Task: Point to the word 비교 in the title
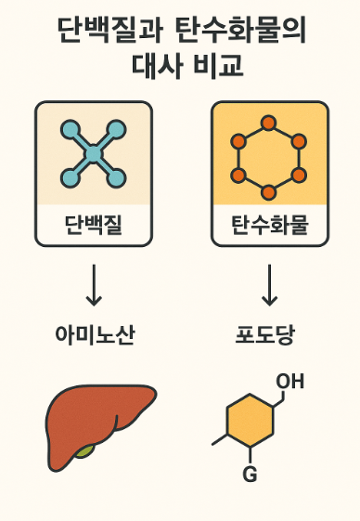(x=218, y=68)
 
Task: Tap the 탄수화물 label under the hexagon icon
(x=269, y=225)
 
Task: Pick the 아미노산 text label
(x=94, y=335)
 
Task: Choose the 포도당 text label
(x=265, y=335)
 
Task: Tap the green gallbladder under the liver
(x=86, y=451)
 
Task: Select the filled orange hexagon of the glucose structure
(x=249, y=423)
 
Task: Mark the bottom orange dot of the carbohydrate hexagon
(x=269, y=192)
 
